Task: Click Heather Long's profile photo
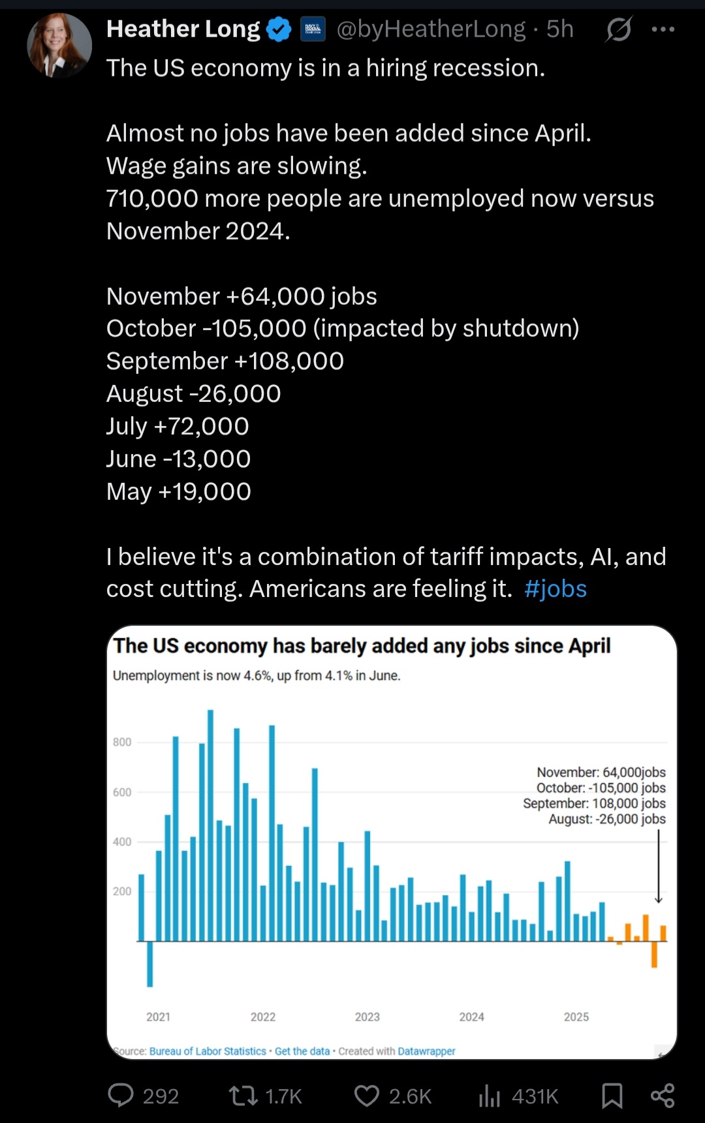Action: [59, 45]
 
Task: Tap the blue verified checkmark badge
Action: [279, 29]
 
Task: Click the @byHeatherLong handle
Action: [431, 29]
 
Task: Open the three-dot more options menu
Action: [663, 29]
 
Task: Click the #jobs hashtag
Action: [556, 589]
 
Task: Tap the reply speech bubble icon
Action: [121, 1096]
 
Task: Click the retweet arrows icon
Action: [243, 1096]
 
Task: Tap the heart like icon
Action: [366, 1096]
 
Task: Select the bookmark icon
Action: [612, 1096]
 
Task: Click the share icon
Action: [663, 1096]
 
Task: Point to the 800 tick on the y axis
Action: [122, 742]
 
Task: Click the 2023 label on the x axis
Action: [367, 1017]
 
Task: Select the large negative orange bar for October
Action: [654, 954]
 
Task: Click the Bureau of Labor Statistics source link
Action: [208, 1051]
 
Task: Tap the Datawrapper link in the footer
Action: [426, 1051]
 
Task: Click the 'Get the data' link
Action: [302, 1051]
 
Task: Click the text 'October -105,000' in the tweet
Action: [206, 328]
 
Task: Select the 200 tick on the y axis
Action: [122, 891]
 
